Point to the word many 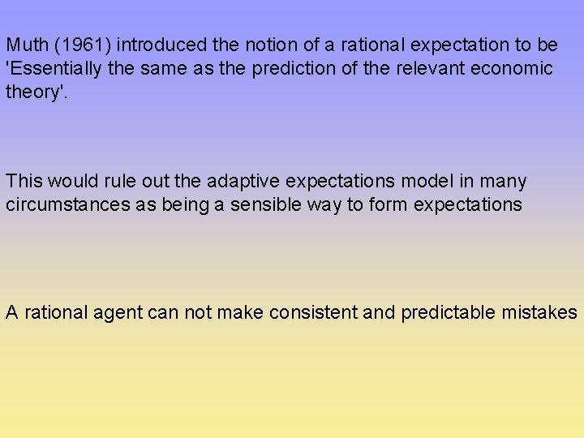503,182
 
